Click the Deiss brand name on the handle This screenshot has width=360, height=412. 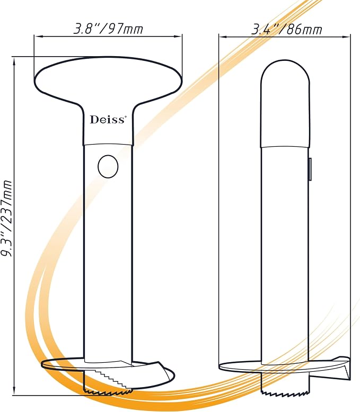click(107, 120)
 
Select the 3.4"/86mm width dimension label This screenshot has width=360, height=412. click(286, 29)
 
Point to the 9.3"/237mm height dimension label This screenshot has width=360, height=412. click(6, 219)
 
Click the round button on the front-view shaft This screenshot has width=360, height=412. click(108, 167)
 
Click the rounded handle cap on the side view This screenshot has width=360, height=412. click(285, 104)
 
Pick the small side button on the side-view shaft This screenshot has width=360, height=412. click(310, 169)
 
